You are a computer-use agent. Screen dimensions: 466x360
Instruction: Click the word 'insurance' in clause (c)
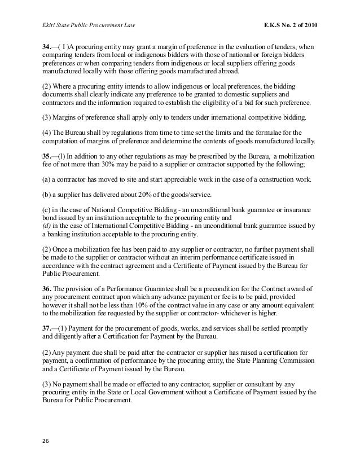click(x=302, y=209)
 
